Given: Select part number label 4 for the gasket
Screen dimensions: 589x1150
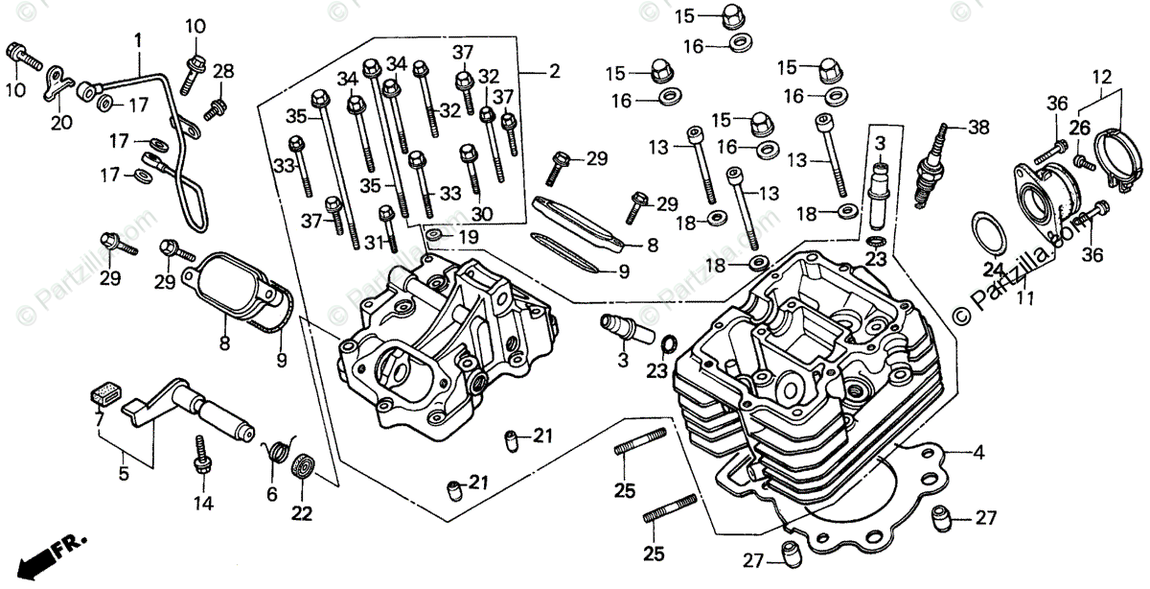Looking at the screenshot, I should [x=979, y=451].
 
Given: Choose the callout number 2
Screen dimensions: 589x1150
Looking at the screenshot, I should [x=555, y=72].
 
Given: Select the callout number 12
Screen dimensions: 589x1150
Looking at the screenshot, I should [x=1100, y=76].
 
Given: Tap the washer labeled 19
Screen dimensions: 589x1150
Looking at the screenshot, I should [x=435, y=235].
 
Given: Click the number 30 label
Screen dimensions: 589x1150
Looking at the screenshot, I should [x=482, y=213].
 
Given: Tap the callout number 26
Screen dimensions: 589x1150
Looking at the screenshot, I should [x=1080, y=127].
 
